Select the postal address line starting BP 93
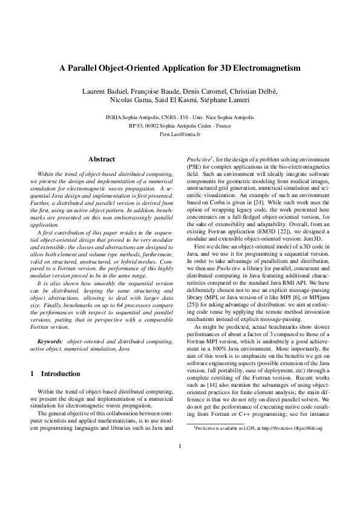coord(180,126)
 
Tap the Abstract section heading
coord(102,159)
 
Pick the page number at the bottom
coord(180,481)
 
